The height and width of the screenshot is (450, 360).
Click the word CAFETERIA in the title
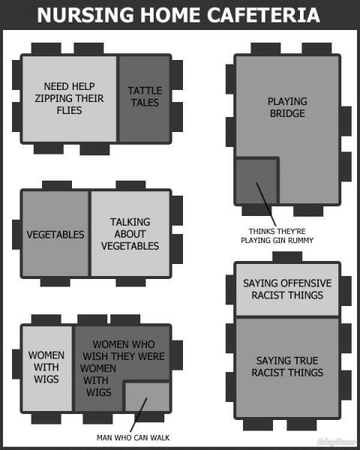pos(263,15)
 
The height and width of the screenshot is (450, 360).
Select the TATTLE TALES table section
pos(145,99)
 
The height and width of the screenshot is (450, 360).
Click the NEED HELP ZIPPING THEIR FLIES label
pos(69,98)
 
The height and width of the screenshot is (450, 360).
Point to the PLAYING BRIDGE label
pos(287,107)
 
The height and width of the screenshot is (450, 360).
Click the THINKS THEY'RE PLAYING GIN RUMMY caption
pos(277,235)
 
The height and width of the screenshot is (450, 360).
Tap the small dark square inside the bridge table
pos(256,181)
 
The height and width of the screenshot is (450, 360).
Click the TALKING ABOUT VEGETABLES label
pos(130,234)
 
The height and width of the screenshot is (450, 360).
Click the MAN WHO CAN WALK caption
pos(133,438)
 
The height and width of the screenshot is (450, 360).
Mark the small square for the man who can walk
pos(148,397)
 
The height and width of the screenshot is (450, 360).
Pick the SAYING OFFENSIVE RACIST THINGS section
pos(287,289)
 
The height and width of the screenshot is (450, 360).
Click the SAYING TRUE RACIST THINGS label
pos(287,367)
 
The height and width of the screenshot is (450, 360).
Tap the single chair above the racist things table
pos(287,256)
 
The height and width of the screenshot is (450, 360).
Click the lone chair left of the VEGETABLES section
pos(16,235)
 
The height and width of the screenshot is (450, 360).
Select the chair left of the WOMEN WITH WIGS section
pos(16,364)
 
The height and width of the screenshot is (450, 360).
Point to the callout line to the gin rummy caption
pos(266,204)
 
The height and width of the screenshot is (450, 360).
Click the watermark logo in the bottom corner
pos(336,442)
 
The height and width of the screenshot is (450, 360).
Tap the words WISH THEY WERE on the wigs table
pos(124,356)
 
